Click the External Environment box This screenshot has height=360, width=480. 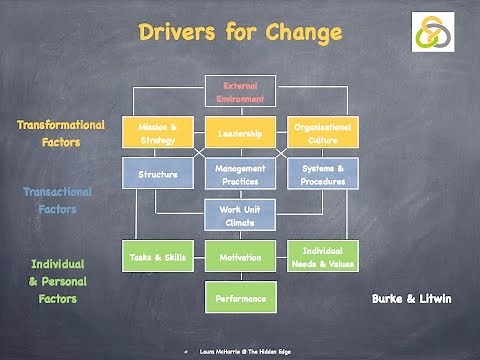click(240, 92)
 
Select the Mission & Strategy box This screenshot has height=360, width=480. click(158, 133)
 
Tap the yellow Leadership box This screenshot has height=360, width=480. click(240, 133)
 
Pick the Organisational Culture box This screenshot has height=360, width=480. click(323, 133)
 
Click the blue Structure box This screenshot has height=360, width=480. click(158, 174)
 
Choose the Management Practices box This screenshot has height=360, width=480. click(240, 174)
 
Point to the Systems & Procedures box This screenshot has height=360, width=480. click(323, 174)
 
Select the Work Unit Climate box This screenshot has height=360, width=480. click(240, 215)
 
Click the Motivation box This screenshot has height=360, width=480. click(240, 257)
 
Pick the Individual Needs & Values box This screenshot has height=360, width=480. click(323, 257)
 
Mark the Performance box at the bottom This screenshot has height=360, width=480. click(240, 298)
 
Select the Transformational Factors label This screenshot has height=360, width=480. click(60, 133)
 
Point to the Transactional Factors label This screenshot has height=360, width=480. click(57, 200)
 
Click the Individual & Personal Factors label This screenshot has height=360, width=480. click(54, 280)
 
